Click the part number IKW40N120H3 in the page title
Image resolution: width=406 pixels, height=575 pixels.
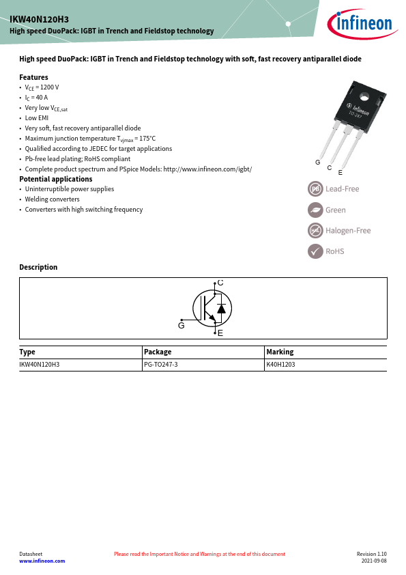click(39, 20)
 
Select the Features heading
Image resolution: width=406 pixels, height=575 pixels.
click(33, 77)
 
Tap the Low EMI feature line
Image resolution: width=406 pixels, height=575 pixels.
click(36, 118)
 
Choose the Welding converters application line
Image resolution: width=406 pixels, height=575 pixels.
click(52, 199)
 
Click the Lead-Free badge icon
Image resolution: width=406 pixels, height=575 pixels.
click(315, 188)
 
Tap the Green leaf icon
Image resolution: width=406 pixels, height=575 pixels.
click(315, 210)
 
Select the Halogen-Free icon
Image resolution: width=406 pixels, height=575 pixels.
click(315, 230)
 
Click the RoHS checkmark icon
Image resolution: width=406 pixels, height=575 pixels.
click(315, 251)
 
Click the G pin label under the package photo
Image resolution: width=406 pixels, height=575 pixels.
click(318, 163)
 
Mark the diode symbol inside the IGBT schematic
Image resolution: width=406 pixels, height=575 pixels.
click(220, 309)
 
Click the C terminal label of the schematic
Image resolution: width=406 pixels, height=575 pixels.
click(220, 282)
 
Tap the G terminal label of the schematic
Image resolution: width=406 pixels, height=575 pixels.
click(182, 326)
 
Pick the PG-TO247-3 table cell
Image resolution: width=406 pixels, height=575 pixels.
click(160, 365)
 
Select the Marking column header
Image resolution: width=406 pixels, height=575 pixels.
click(280, 352)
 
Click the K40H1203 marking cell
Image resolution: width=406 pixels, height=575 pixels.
click(280, 365)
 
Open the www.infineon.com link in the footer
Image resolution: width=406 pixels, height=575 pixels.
click(42, 561)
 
